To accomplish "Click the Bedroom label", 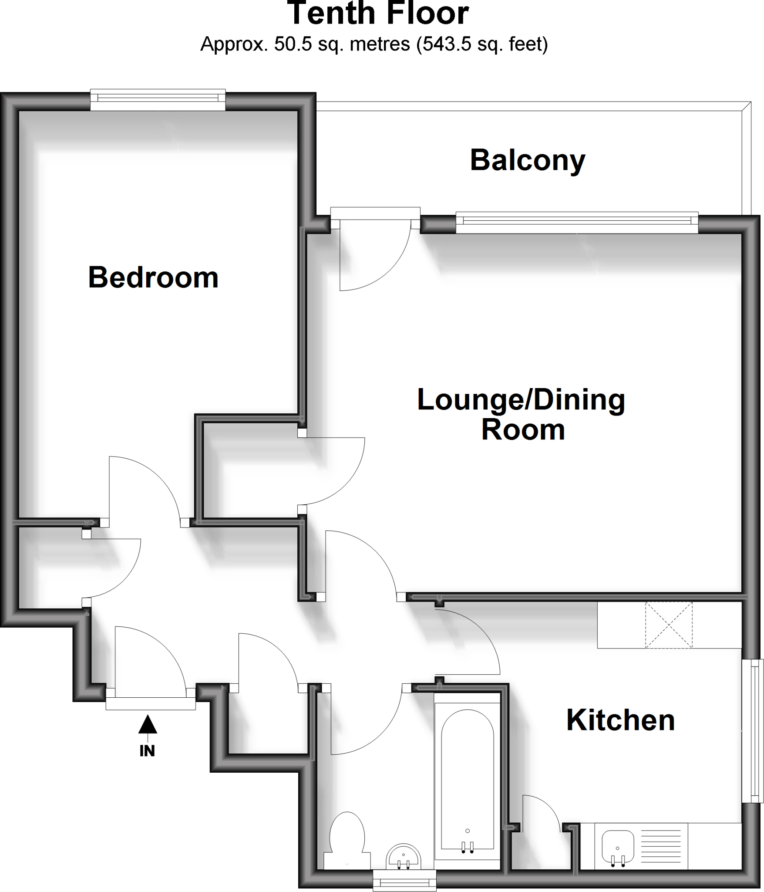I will [153, 277].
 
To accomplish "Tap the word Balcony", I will [528, 160].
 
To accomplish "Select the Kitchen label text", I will [620, 720].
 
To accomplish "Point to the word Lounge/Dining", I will [521, 399].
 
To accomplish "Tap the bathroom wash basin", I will [404, 858].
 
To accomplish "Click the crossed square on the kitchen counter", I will [669, 625].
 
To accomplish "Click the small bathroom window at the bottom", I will [405, 881].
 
